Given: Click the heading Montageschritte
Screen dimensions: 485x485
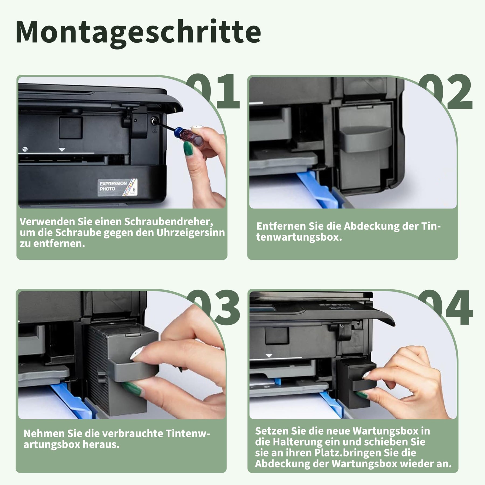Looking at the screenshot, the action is (x=138, y=32).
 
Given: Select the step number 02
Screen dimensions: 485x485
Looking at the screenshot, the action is (x=447, y=92).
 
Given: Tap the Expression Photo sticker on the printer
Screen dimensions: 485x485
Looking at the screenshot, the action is (x=117, y=186).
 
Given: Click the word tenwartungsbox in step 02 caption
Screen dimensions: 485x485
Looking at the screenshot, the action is (x=299, y=237).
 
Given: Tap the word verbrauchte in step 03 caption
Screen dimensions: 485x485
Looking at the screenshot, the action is (x=133, y=434).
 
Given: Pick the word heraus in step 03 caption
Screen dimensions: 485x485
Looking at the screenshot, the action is (x=101, y=445).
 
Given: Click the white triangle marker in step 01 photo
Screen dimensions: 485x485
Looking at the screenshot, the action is (x=62, y=150).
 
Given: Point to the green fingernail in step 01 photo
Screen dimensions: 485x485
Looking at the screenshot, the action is (x=188, y=147).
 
